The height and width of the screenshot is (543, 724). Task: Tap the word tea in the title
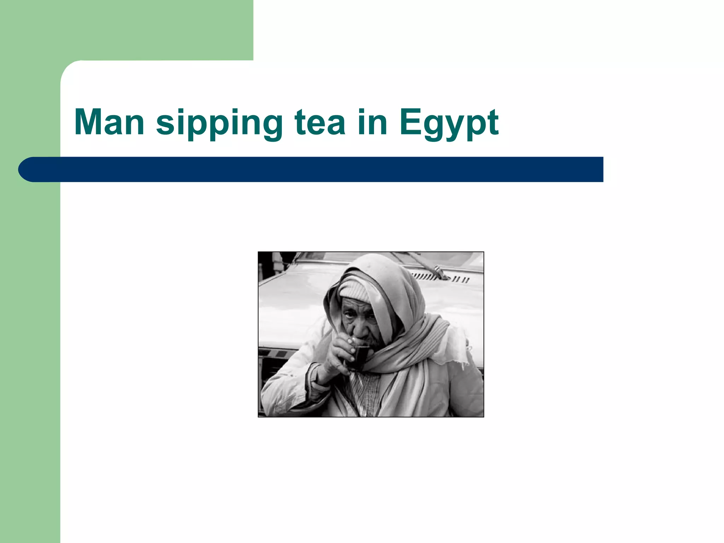[320, 123]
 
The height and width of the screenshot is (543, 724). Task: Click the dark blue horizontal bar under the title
[318, 169]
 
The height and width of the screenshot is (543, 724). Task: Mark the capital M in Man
[88, 122]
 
